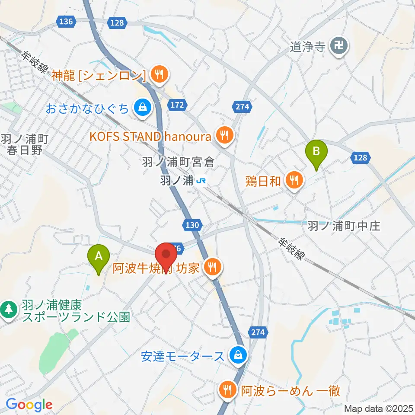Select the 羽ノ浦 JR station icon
[201, 181]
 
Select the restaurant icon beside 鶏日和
[294, 181]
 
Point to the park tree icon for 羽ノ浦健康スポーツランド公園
[8, 310]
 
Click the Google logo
[29, 405]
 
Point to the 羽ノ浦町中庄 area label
[344, 226]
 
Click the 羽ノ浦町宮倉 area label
[178, 163]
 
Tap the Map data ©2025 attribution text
[378, 408]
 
